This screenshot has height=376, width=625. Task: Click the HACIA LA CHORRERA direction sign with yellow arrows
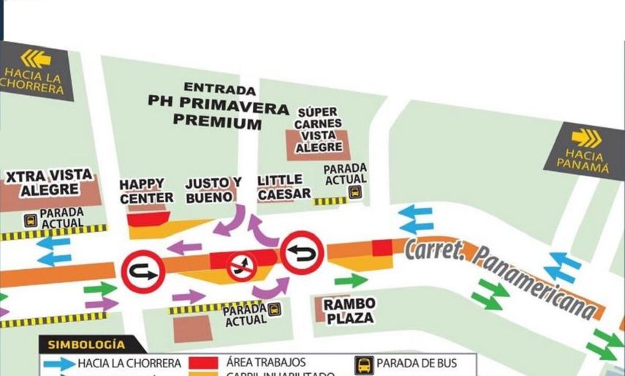(34, 71)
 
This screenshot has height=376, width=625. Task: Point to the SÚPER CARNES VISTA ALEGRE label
(319, 129)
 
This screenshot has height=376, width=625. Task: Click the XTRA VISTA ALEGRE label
(49, 183)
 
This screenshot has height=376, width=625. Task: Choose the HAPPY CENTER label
(146, 191)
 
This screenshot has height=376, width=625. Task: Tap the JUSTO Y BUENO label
(213, 189)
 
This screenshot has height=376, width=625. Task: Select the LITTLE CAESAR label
(284, 187)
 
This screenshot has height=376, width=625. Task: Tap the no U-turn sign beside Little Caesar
(302, 252)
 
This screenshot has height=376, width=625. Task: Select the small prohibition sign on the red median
(242, 266)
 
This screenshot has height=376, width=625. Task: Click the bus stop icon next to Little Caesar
(355, 192)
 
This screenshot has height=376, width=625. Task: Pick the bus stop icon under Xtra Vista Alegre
(31, 219)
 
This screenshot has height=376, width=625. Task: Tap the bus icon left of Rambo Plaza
(274, 309)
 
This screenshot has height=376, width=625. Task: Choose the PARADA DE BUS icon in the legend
(364, 364)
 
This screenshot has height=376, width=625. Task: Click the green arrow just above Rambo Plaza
(351, 280)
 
